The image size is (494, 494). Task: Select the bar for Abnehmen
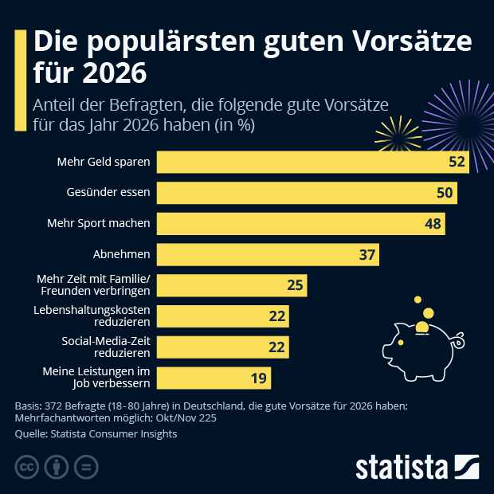click(x=268, y=254)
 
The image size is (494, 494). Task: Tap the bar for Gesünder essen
click(x=307, y=193)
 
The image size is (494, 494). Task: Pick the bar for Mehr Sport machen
click(x=300, y=224)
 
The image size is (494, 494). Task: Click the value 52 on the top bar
click(x=457, y=162)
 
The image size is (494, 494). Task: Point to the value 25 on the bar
click(x=295, y=285)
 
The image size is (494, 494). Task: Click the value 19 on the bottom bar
click(x=259, y=378)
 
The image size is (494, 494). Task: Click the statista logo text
click(x=403, y=465)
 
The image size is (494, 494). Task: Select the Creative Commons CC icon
click(x=27, y=466)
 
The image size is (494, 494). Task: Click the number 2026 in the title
click(x=105, y=74)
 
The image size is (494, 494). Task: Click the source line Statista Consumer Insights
click(x=96, y=434)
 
